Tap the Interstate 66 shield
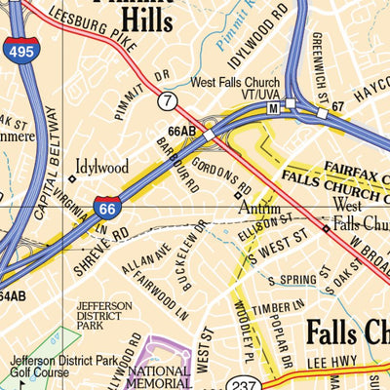(107, 206)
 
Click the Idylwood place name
(101, 168)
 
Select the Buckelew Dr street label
(193, 252)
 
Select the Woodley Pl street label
(239, 327)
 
